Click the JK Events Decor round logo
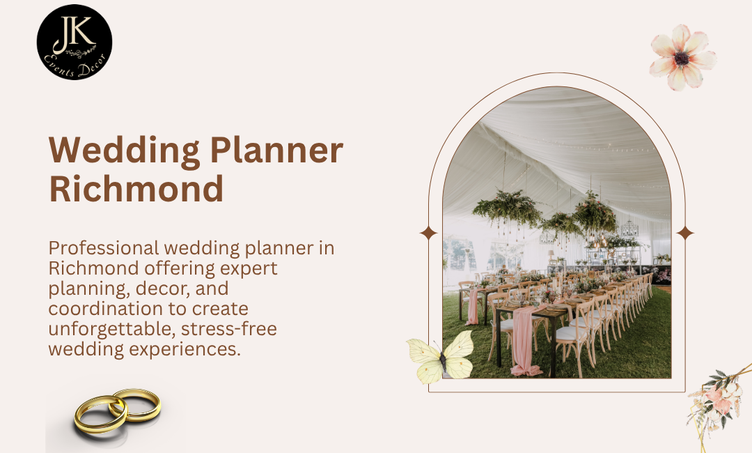[75, 42]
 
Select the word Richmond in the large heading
[136, 188]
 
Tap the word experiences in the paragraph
[185, 348]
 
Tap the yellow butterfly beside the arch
[440, 358]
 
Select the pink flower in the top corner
[682, 58]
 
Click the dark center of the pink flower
[681, 59]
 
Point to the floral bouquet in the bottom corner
[717, 404]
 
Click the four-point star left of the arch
[429, 233]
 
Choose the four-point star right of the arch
[685, 233]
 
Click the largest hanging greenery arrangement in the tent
[507, 207]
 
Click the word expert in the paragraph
[249, 268]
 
